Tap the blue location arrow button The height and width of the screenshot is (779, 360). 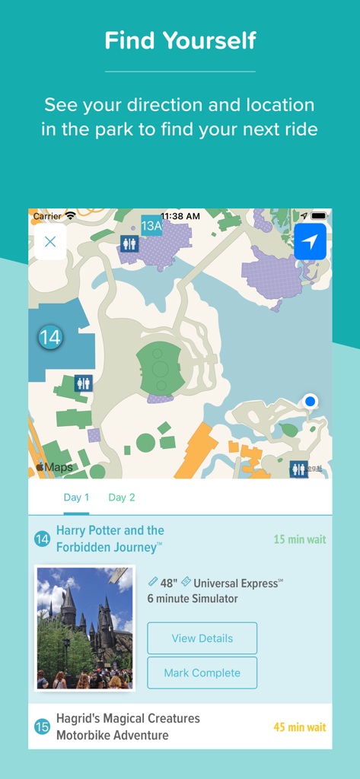coord(310,242)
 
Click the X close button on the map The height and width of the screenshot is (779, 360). coord(50,242)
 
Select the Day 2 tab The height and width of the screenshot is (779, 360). coord(122,498)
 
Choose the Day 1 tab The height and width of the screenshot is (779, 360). coord(76,498)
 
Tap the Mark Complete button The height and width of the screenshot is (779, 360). coord(202,672)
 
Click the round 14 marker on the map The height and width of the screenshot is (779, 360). coord(50,337)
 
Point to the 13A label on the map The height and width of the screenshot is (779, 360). coord(152,225)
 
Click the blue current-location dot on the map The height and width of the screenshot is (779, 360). coord(310,401)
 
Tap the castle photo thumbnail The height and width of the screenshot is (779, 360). coord(84,628)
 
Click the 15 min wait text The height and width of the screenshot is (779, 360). coord(299,539)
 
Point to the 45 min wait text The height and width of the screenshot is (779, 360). coord(299,727)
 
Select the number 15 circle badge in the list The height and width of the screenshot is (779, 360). coord(42,727)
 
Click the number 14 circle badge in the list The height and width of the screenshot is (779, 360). coord(42,539)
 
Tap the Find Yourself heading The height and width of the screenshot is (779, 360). coord(180,40)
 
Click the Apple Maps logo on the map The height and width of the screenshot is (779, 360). coord(54,467)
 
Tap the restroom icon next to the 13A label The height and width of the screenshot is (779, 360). coord(129,243)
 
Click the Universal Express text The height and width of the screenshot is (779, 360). coord(236,583)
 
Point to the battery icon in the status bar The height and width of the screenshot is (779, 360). coord(318,216)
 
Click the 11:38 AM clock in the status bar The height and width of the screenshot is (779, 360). coord(180,216)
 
